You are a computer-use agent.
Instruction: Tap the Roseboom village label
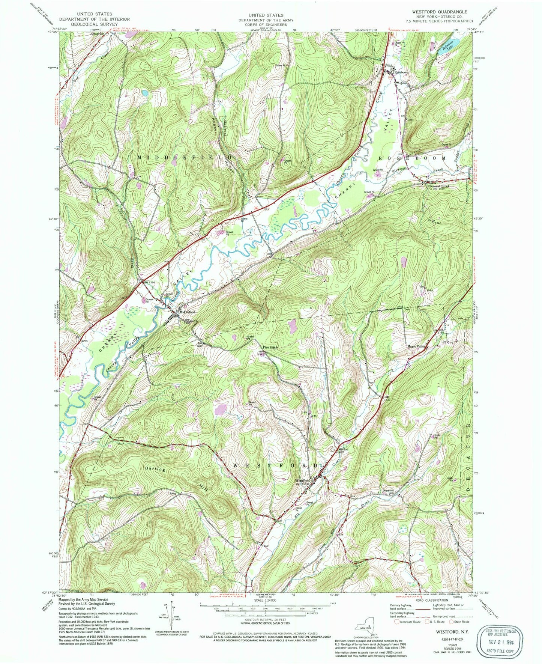coord(401,72)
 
